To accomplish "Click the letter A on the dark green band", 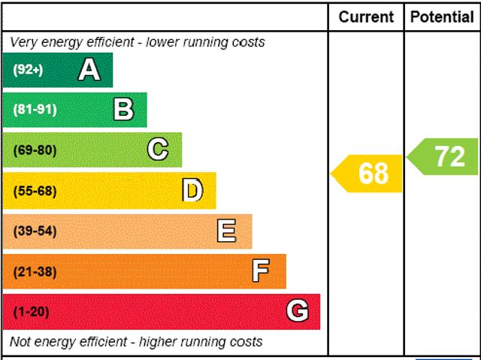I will click(x=89, y=70).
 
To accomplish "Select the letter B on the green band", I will click(x=123, y=110).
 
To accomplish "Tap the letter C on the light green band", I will click(x=158, y=150).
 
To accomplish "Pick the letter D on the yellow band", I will click(x=193, y=191).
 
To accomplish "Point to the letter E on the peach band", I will click(x=227, y=231).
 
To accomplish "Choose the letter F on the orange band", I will click(x=261, y=271).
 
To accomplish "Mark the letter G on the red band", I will click(x=298, y=311).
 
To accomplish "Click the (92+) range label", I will click(x=29, y=70).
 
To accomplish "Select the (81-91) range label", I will click(x=35, y=110).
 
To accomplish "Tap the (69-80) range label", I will click(x=35, y=150).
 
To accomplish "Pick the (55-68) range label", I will click(x=35, y=191).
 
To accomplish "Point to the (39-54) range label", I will click(x=35, y=231).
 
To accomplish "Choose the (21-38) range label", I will click(x=35, y=271).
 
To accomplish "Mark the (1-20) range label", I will click(x=31, y=311).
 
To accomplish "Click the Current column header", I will click(x=366, y=17).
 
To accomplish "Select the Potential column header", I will click(x=443, y=17).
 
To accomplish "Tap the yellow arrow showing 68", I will click(x=368, y=174).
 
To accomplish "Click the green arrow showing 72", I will click(x=444, y=156).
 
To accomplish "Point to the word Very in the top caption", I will click(x=23, y=42).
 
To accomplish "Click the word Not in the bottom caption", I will click(x=21, y=342).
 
